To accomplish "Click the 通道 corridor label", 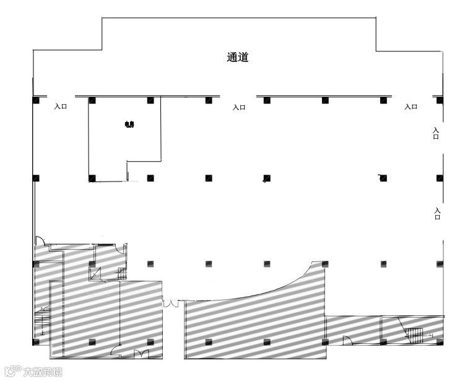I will [x=238, y=58].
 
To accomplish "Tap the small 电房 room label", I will [x=129, y=125].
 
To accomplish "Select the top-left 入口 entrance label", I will [x=60, y=107].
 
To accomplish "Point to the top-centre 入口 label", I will [x=239, y=107].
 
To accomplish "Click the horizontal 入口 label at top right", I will [x=411, y=107].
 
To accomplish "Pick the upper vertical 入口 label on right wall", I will [x=436, y=133].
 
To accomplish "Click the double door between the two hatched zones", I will [x=171, y=303].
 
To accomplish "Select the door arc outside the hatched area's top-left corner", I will [x=39, y=240].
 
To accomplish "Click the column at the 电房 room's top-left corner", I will [x=92, y=100].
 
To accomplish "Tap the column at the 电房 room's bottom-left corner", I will [x=92, y=178].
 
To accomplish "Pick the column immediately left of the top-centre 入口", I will [x=209, y=100].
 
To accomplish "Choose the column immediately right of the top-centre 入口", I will [x=267, y=100].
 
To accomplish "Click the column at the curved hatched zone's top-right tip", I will [x=324, y=263].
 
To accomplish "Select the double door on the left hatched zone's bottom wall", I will [x=141, y=354].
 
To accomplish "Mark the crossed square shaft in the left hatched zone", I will [x=96, y=273].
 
